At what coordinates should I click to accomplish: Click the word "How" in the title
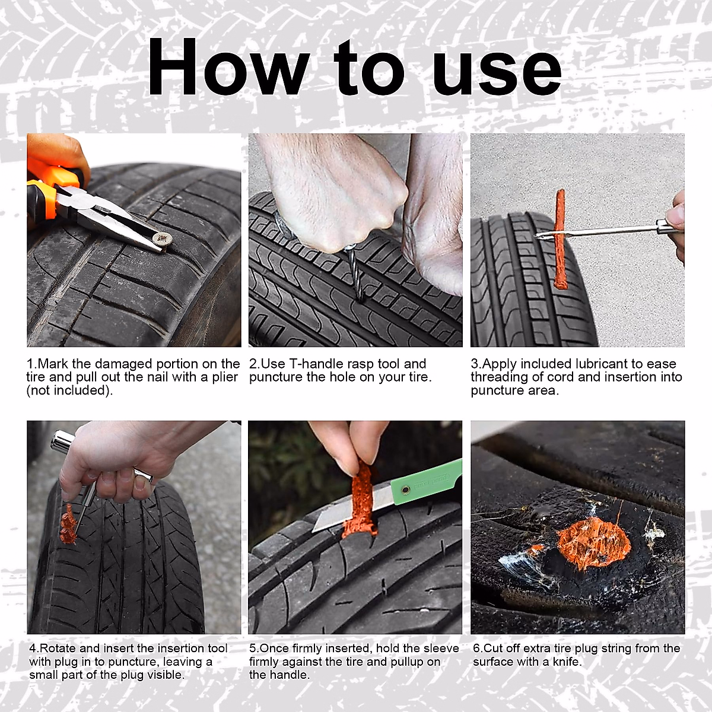pos(228,67)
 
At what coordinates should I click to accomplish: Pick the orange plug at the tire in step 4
pos(68,525)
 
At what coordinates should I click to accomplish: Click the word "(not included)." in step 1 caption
pos(69,390)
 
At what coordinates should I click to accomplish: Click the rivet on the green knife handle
pos(406,490)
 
